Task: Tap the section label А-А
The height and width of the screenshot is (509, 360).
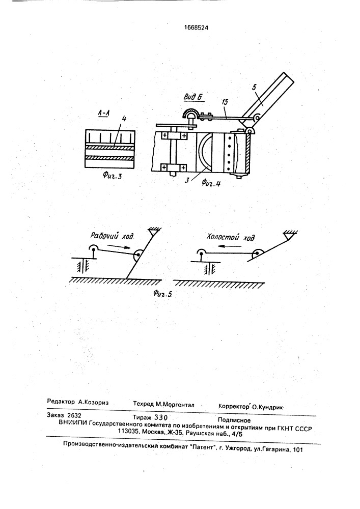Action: (x=104, y=113)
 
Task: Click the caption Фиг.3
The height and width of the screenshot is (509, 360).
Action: (x=112, y=176)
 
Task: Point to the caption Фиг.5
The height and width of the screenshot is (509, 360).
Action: (x=162, y=294)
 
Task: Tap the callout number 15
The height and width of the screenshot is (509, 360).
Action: (x=225, y=102)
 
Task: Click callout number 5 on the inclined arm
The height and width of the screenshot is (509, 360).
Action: (x=254, y=87)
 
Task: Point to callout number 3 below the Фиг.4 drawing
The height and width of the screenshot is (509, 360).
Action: (x=187, y=180)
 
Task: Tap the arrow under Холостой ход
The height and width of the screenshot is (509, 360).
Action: (x=230, y=246)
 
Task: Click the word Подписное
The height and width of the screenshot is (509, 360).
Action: (x=234, y=420)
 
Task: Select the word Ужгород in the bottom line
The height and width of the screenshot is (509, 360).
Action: (x=238, y=448)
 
